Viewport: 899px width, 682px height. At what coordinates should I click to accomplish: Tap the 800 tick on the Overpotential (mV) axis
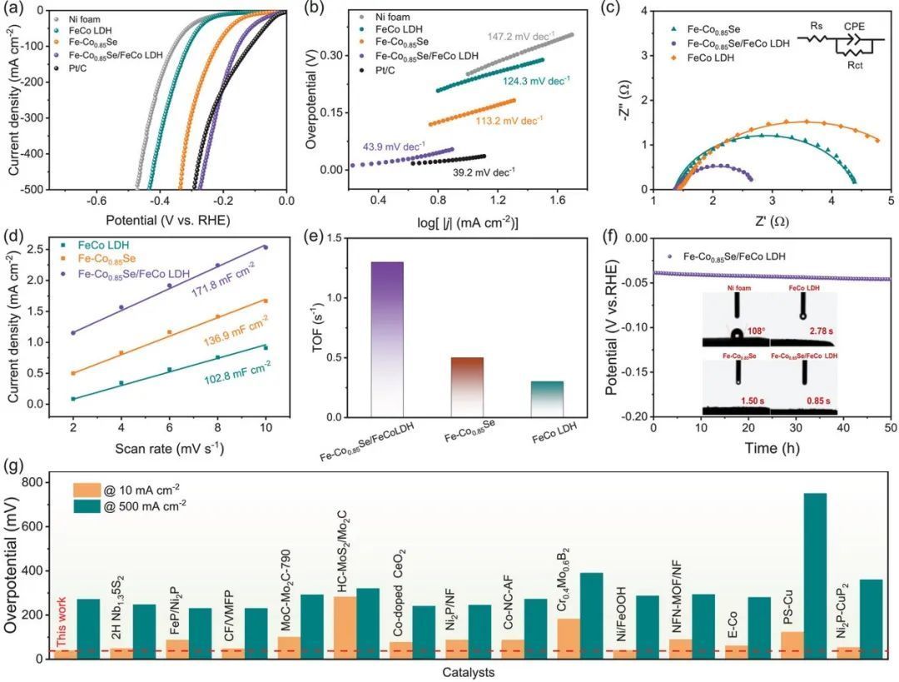click(32, 483)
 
